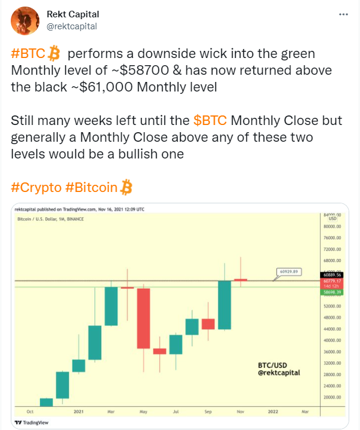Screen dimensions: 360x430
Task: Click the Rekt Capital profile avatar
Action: [x=25, y=21]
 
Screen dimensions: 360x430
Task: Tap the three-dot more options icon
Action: [x=343, y=14]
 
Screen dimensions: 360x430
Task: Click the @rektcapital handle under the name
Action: [x=72, y=26]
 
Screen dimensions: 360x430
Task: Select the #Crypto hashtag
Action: [x=36, y=188]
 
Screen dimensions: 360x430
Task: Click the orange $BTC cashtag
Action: [x=210, y=120]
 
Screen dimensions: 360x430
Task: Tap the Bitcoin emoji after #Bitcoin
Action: [x=126, y=187]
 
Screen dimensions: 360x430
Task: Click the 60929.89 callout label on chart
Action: [x=289, y=272]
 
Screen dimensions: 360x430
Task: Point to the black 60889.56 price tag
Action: [x=332, y=275]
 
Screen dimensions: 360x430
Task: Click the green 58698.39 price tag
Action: [x=332, y=292]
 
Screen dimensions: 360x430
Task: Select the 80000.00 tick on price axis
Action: [x=332, y=227]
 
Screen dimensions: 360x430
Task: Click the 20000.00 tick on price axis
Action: [x=332, y=397]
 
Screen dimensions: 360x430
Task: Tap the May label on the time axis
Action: [x=144, y=411]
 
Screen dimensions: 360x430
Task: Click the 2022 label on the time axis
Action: [x=273, y=411]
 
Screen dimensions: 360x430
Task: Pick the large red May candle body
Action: [x=144, y=318]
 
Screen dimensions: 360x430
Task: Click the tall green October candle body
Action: [x=225, y=305]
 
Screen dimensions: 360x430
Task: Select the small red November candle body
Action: [x=240, y=280]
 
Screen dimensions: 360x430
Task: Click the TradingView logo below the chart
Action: [x=32, y=423]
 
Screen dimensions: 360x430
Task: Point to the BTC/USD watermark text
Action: [x=272, y=365]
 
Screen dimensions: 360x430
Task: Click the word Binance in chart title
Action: [x=75, y=219]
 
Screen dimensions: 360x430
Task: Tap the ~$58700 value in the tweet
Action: [x=140, y=70]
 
